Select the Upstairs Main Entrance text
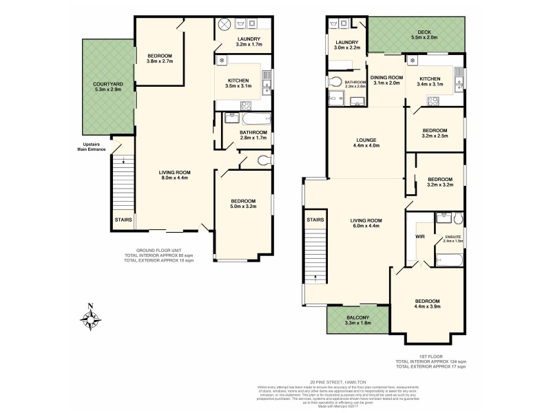click(x=92, y=147)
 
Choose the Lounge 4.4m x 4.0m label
click(x=365, y=142)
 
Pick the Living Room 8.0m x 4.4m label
click(x=176, y=176)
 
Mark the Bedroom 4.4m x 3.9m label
click(x=427, y=305)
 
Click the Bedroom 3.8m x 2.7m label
click(x=159, y=59)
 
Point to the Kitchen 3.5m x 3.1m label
click(x=242, y=84)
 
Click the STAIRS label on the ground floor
click(x=123, y=221)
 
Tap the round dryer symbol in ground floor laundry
click(x=225, y=24)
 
